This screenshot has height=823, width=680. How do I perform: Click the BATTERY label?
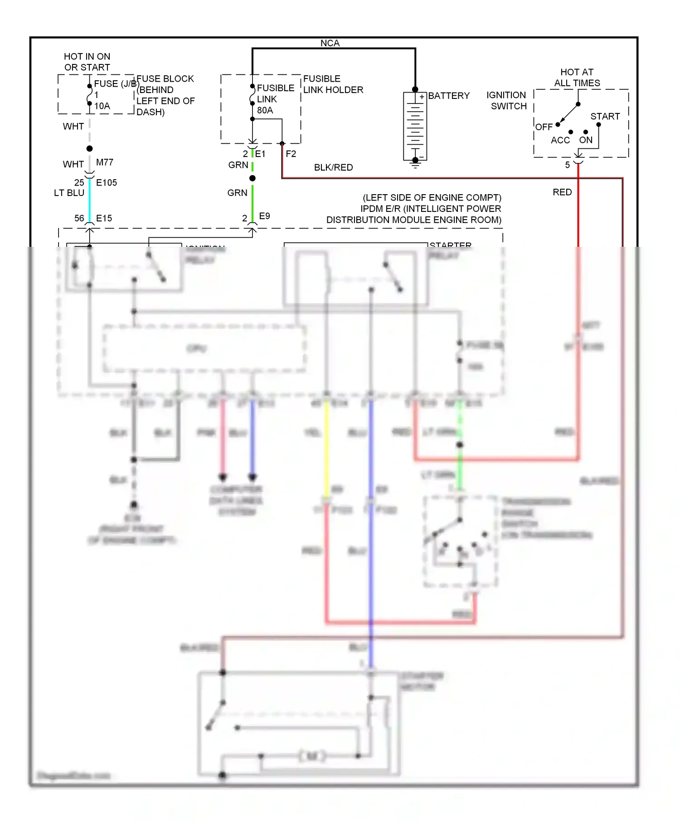click(x=448, y=96)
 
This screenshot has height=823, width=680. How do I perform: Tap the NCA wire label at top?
click(x=330, y=43)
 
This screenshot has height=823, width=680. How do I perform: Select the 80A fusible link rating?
click(x=265, y=110)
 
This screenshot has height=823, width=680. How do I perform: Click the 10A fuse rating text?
click(x=102, y=106)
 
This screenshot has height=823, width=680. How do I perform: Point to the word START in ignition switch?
click(x=605, y=117)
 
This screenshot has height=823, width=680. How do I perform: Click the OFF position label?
click(x=544, y=127)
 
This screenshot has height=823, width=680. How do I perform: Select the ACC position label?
click(x=560, y=140)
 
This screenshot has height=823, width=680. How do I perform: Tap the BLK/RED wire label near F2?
click(x=333, y=167)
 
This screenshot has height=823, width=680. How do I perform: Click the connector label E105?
click(x=107, y=182)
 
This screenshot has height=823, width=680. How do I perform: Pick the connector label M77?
click(x=105, y=162)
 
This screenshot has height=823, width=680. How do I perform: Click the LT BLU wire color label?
click(x=69, y=193)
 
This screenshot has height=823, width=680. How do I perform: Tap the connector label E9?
click(x=264, y=216)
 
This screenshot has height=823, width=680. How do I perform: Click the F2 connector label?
click(x=291, y=154)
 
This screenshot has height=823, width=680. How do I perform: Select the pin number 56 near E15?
click(x=79, y=218)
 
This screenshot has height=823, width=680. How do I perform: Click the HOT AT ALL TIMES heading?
click(x=577, y=78)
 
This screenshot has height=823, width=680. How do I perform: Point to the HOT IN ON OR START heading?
click(x=87, y=62)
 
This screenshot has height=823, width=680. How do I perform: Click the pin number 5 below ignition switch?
click(x=567, y=165)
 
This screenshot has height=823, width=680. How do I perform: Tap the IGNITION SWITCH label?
click(x=507, y=100)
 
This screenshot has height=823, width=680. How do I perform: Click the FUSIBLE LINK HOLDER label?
click(x=333, y=84)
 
